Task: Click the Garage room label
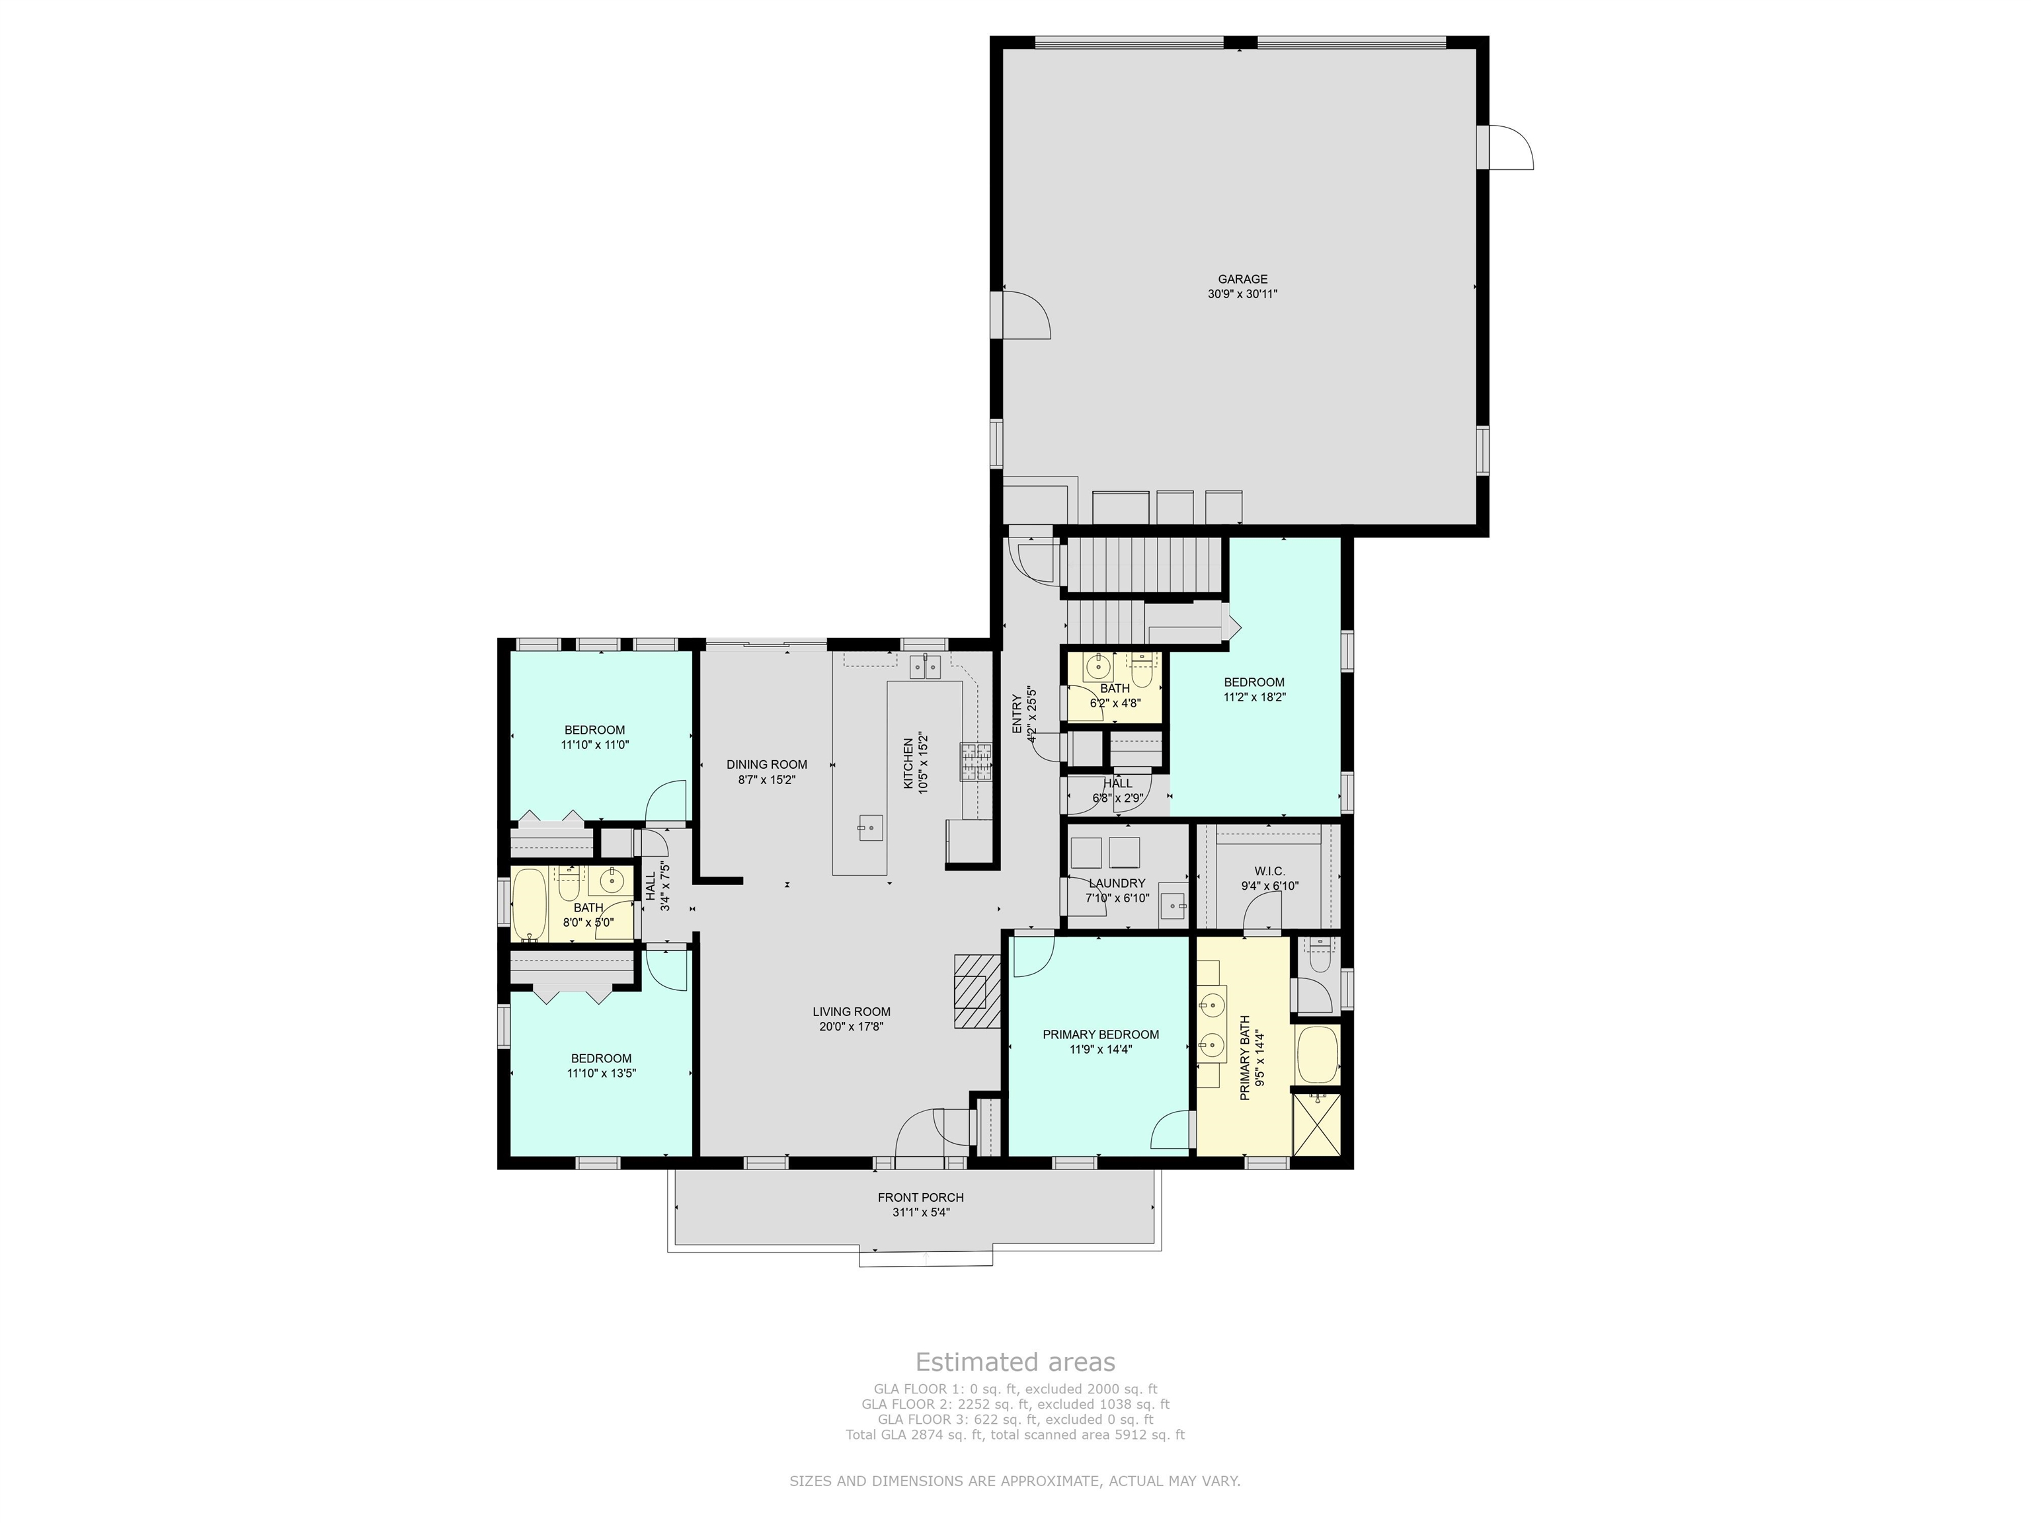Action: click(x=1242, y=279)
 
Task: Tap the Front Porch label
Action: click(x=921, y=1197)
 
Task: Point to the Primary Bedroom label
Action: click(x=1101, y=1035)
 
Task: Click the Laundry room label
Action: click(x=1117, y=883)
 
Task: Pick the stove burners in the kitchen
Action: click(x=977, y=761)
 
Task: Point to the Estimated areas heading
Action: click(x=1015, y=1362)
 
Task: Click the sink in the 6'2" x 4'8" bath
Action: click(x=1098, y=666)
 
